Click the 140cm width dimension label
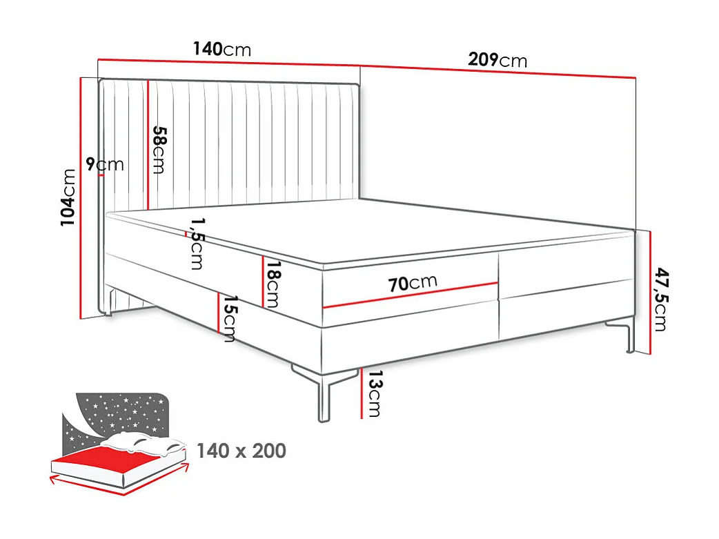[x=221, y=49]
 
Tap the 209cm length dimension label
[x=497, y=60]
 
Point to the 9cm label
[x=105, y=164]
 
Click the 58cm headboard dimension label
[x=159, y=149]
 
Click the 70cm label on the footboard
[x=412, y=283]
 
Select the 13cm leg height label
[x=373, y=393]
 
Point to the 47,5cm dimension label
[x=660, y=300]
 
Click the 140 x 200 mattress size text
[x=241, y=451]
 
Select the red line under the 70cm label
[x=411, y=295]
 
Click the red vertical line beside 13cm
[x=361, y=393]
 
